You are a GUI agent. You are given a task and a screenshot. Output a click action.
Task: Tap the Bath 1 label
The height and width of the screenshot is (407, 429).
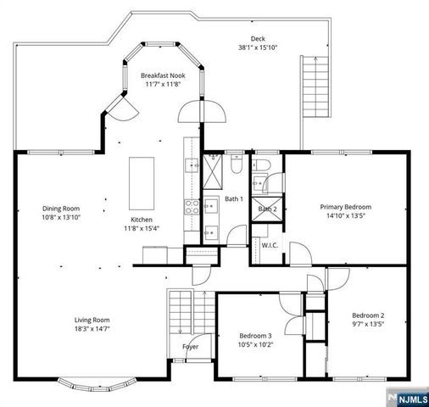[234, 199]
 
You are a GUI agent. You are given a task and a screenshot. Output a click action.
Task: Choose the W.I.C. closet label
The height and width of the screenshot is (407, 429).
[270, 246]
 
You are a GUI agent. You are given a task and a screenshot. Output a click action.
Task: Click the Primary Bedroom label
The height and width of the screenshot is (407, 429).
[345, 207]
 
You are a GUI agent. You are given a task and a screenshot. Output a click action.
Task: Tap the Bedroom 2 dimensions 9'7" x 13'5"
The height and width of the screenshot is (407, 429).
[368, 323]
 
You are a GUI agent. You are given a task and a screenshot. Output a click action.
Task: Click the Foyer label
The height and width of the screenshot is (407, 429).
[192, 347]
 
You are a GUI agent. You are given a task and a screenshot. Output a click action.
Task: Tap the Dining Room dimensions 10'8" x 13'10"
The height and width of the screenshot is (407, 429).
[61, 217]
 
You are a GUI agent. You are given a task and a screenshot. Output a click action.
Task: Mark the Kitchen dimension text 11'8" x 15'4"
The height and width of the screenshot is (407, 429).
[142, 227]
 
